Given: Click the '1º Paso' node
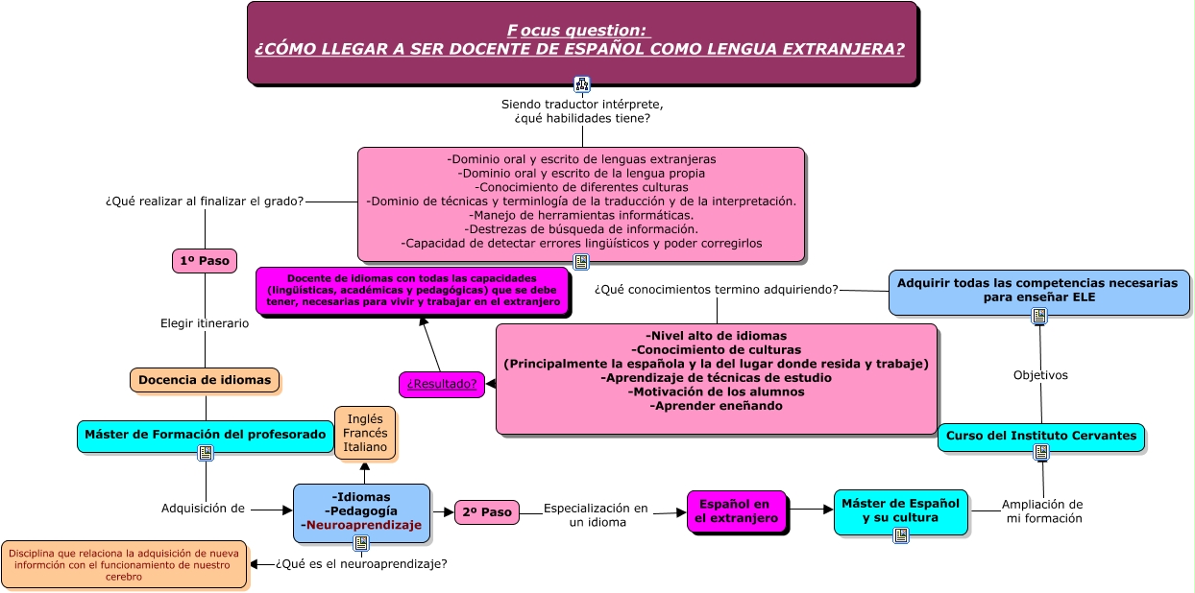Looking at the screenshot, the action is coord(205,261).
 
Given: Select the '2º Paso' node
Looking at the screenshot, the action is coord(486,512).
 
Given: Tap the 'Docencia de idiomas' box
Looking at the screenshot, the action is coord(205,380).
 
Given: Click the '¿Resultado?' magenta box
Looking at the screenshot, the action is coord(442,384).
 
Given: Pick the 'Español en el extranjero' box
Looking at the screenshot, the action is coord(736,511).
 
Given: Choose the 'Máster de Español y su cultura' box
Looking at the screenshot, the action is coord(900,511).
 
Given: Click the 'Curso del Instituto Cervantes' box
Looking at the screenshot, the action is coord(1041,437).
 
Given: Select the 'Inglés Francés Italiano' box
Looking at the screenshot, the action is coord(365,433).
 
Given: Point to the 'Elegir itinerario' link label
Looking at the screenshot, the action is coord(205,323).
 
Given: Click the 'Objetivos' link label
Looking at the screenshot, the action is coord(1040,375).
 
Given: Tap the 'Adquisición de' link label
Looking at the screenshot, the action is coord(203,509).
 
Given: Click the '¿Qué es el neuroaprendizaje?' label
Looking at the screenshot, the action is coord(361,563).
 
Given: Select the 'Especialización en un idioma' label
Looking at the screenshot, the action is coord(597,515).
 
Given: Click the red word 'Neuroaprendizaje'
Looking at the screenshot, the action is coord(364,525).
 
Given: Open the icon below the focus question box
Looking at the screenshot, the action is coord(581,84).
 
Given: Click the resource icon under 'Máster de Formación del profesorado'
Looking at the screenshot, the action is coord(206,453).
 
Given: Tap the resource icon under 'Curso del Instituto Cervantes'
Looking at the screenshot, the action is coord(1041,452).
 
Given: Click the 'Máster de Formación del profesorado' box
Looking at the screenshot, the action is coord(206,436).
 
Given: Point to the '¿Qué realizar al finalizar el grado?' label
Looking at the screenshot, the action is coord(205,202).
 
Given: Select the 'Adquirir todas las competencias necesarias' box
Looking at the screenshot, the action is coord(1038,292).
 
